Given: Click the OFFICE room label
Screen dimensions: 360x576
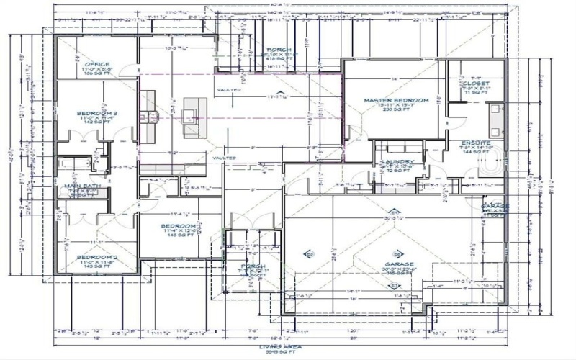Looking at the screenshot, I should (x=98, y=64).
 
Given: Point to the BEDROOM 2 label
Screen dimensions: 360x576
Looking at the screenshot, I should (x=96, y=257).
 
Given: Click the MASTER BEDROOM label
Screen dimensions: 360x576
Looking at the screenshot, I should (x=396, y=100).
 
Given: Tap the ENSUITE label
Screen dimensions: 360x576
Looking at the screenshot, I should (x=476, y=143).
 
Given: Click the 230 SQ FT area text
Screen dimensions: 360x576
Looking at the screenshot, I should (x=396, y=110).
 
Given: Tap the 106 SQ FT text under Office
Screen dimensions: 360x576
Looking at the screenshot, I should (x=98, y=73).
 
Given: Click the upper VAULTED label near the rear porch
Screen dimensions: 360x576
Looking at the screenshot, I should (x=225, y=89).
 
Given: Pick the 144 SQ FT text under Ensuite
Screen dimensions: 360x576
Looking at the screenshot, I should (x=476, y=153).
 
